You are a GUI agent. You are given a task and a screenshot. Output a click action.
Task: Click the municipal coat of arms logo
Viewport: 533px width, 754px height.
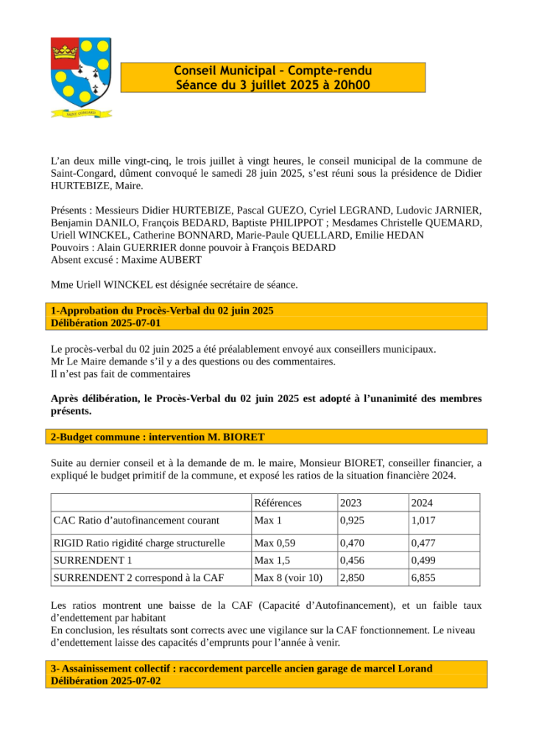pos(81,74)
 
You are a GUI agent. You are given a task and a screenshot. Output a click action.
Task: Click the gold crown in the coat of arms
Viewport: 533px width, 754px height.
pos(65,53)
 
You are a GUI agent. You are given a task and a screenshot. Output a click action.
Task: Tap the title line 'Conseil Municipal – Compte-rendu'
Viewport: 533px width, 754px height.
pos(273,71)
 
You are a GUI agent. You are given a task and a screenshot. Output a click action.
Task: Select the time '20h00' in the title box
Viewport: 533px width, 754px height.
pos(352,85)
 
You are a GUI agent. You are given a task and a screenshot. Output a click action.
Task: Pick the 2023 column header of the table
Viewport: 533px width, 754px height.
pos(351,503)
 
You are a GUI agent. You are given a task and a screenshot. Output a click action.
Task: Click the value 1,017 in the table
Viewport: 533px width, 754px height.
pos(423,520)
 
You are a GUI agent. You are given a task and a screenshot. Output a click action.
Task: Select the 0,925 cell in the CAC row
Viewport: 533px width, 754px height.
pos(351,520)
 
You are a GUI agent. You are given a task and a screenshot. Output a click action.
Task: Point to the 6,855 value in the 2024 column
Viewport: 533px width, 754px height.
pos(423,578)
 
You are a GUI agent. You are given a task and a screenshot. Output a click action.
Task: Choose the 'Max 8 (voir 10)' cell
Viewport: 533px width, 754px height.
pos(288,578)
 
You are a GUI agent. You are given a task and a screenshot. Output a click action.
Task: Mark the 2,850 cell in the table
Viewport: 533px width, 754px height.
pos(351,578)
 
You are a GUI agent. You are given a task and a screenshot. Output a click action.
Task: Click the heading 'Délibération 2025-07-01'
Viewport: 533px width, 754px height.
pos(106,323)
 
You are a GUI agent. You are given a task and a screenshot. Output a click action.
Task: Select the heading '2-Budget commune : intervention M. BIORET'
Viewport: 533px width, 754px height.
pos(158,437)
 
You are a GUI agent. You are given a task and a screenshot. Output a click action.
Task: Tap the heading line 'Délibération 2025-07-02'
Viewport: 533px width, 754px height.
pos(106,681)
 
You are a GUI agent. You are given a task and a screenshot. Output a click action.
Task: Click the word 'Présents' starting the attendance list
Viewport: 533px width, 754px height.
pos(71,210)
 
